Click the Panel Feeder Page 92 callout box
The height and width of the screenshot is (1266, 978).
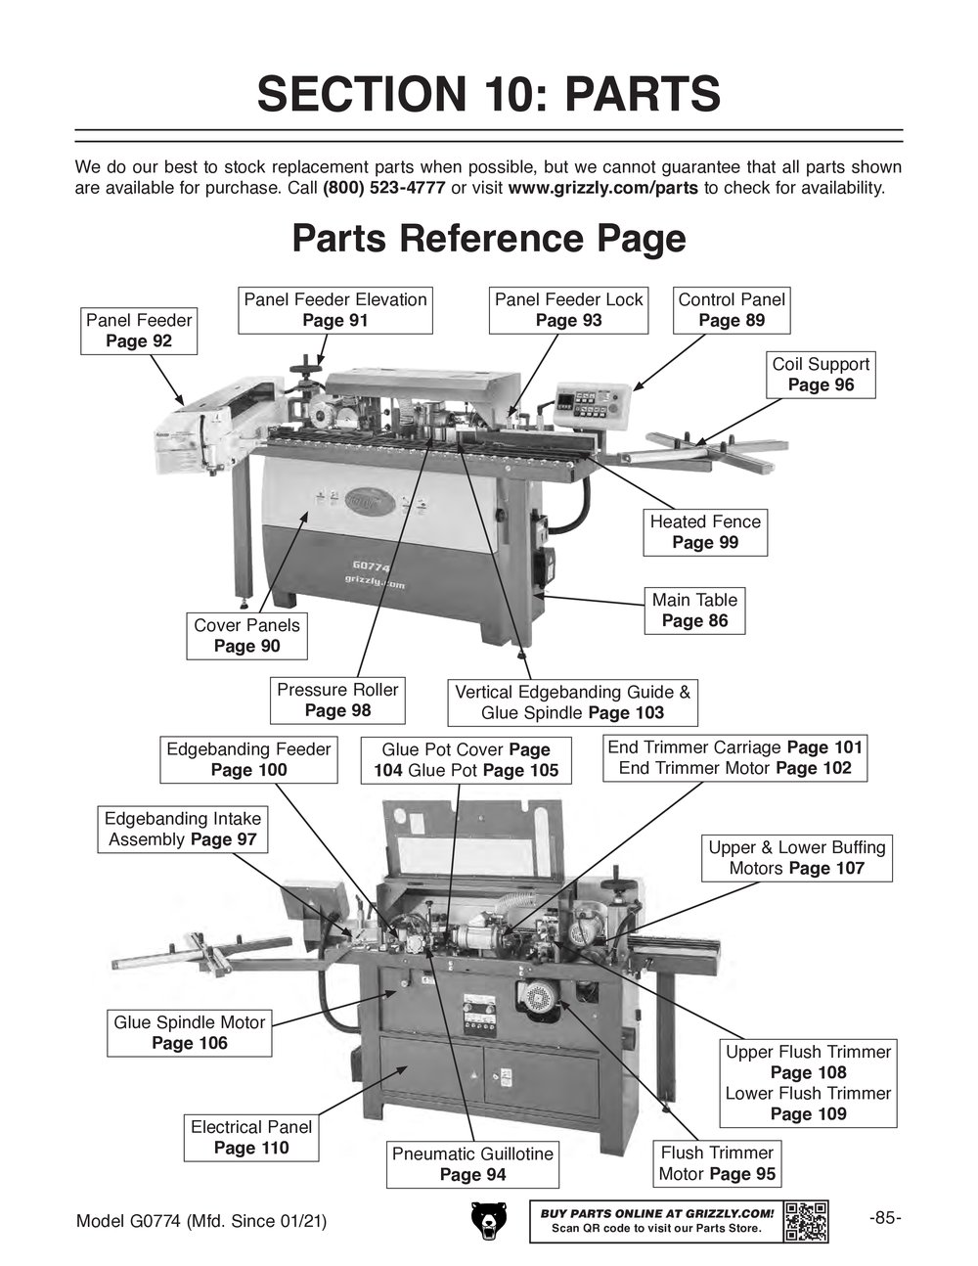139,331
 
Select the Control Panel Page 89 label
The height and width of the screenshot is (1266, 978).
732,310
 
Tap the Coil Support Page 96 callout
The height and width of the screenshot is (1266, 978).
821,375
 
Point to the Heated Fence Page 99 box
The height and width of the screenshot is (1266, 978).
705,532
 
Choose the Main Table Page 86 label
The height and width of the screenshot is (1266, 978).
694,610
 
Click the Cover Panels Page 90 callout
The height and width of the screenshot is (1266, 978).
246,636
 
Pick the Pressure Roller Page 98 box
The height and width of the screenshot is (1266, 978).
337,701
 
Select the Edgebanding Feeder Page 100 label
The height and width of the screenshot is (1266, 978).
248,760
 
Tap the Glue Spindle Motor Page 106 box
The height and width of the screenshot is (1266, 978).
190,1033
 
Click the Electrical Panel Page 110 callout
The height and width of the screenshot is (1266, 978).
251,1138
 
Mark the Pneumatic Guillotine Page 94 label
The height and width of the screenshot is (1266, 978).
472,1164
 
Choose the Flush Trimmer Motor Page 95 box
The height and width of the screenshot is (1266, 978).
717,1163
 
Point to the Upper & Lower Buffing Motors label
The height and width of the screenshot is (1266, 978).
796,858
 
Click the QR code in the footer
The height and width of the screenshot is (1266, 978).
806,1221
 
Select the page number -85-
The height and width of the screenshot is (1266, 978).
884,1218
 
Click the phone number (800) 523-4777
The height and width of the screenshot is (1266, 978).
383,188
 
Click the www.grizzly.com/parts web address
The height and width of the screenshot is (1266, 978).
602,188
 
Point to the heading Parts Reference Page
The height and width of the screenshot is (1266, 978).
489,239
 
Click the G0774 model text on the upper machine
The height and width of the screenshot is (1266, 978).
372,566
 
